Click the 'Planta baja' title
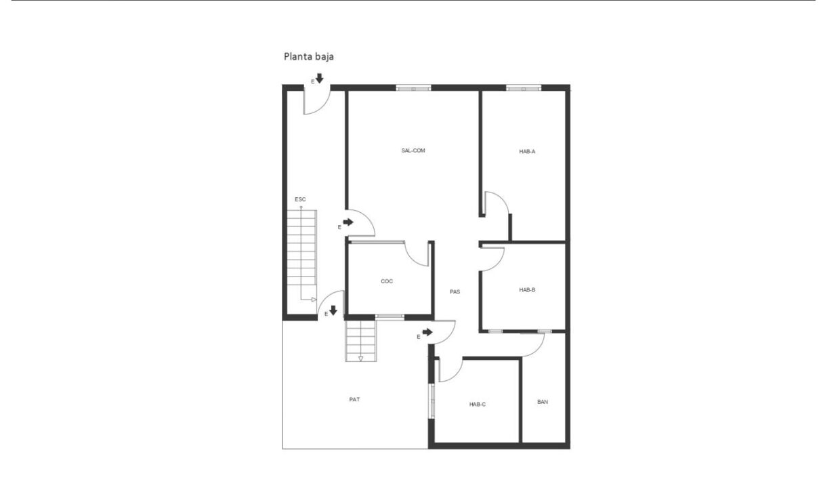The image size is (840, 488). click(309, 57)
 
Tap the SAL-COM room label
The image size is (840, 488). click(413, 150)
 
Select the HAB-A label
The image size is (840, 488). click(527, 152)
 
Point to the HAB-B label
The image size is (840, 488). click(527, 289)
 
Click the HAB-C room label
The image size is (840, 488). click(478, 405)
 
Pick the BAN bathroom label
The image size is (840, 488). click(542, 402)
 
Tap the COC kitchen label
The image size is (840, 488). click(387, 281)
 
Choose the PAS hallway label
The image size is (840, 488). click(455, 291)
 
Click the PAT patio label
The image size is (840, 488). click(354, 399)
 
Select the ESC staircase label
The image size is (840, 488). click(300, 199)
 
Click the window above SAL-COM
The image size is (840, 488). click(413, 89)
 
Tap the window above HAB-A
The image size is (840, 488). click(524, 89)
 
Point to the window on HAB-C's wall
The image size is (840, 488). click(432, 401)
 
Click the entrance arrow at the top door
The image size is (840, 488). click(319, 78)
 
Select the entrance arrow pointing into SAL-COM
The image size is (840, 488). click(348, 222)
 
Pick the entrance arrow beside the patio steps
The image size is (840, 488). click(333, 310)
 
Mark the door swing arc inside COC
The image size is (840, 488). click(411, 259)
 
